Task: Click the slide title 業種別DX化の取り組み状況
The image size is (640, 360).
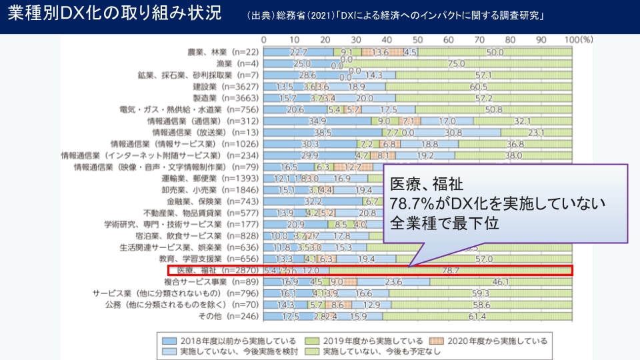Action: pyautogui.click(x=114, y=15)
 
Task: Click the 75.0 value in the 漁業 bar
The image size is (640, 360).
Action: pyautogui.click(x=456, y=64)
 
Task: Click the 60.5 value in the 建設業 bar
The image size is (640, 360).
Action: pyautogui.click(x=478, y=87)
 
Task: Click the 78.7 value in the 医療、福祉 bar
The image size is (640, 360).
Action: pyautogui.click(x=451, y=271)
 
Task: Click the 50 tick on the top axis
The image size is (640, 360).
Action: pyautogui.click(x=417, y=39)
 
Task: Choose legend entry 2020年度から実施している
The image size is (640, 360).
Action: pyautogui.click(x=494, y=341)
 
